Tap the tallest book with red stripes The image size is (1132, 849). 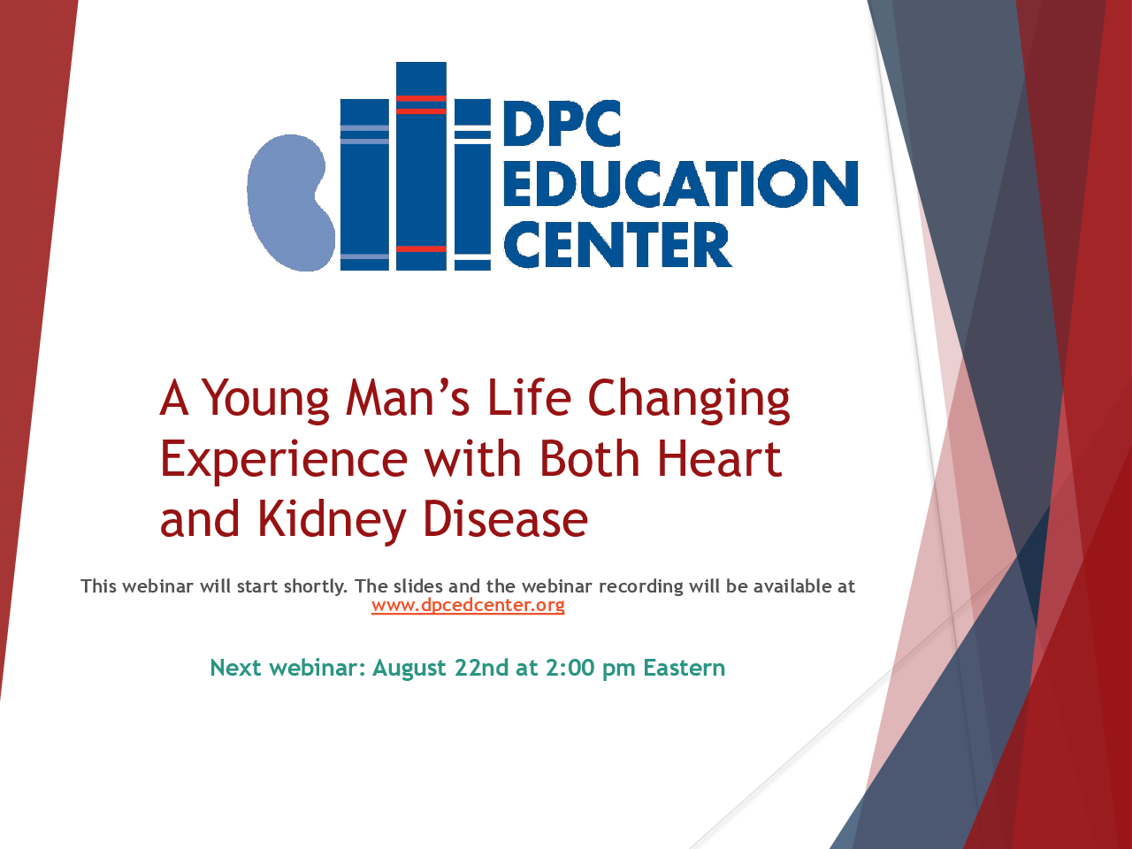(x=421, y=166)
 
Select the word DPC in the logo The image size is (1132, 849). (x=562, y=123)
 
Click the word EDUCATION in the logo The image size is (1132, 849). (x=681, y=183)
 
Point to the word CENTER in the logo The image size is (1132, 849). (x=617, y=244)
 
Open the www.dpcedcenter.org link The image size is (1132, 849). (x=468, y=605)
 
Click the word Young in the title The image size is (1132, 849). (x=265, y=400)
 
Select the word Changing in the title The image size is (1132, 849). (x=688, y=400)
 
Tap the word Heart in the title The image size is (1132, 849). (x=719, y=458)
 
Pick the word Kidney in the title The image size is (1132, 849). (x=332, y=520)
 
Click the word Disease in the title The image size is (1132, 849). (x=505, y=518)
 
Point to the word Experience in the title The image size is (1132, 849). (x=284, y=461)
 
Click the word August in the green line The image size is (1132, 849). (x=409, y=669)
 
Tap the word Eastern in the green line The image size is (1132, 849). (x=684, y=668)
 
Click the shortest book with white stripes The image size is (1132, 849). (x=472, y=185)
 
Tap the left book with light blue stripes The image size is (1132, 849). (x=364, y=185)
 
